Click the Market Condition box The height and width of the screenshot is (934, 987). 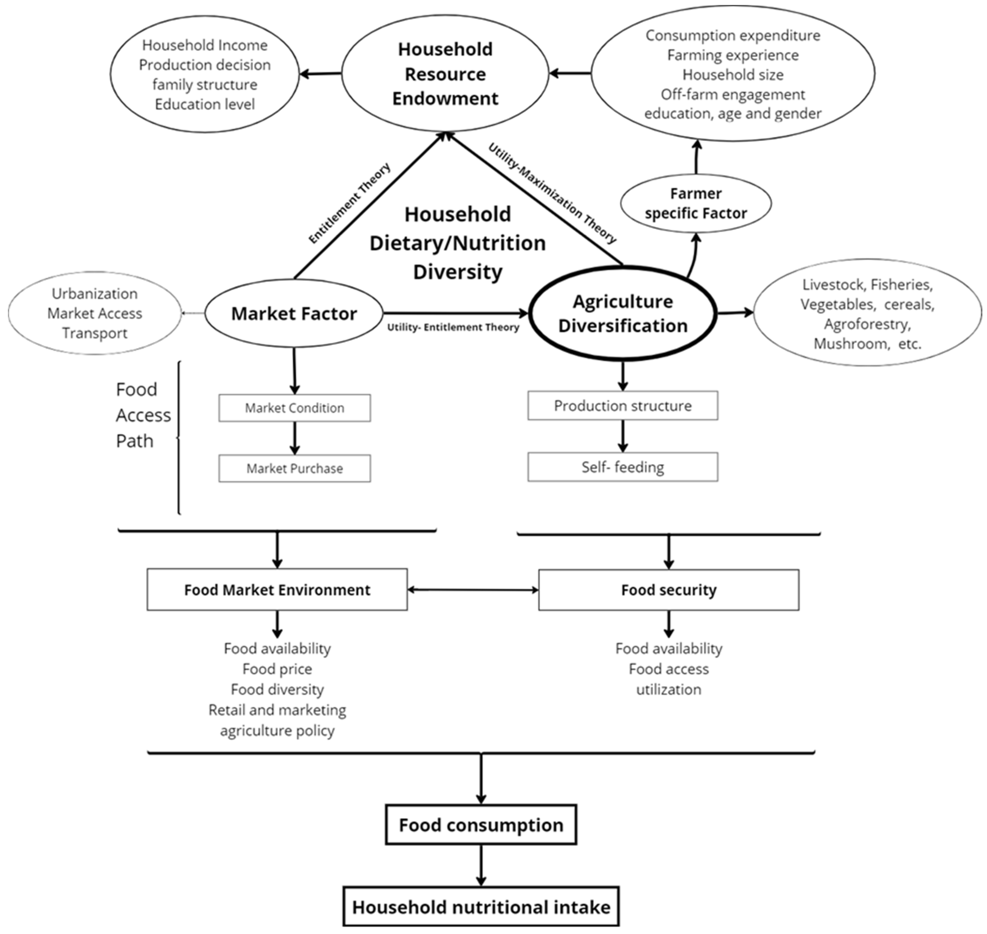294,408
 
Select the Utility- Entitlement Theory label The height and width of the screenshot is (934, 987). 453,327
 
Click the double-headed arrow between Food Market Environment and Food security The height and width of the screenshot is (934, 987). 473,590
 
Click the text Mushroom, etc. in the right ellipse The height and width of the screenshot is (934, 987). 867,344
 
